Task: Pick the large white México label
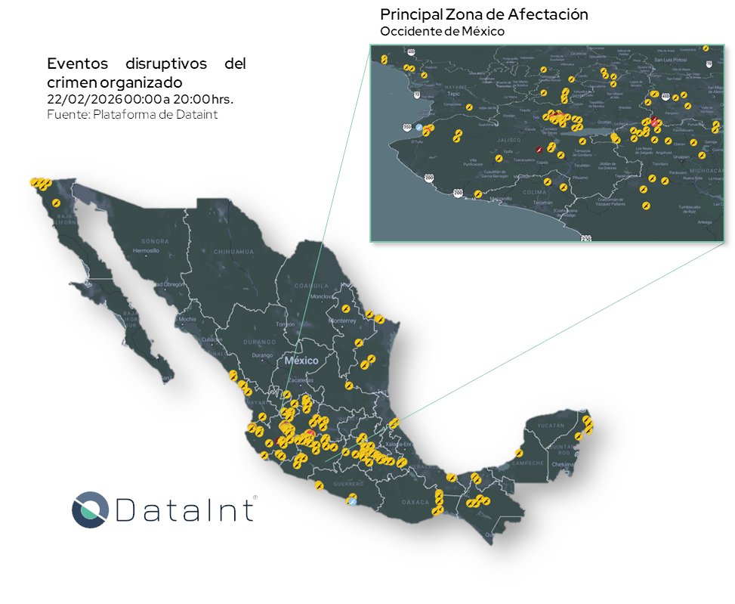(x=301, y=361)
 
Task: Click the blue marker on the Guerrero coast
(x=352, y=499)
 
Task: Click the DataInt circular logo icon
(x=91, y=509)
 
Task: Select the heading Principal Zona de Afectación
(x=483, y=14)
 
